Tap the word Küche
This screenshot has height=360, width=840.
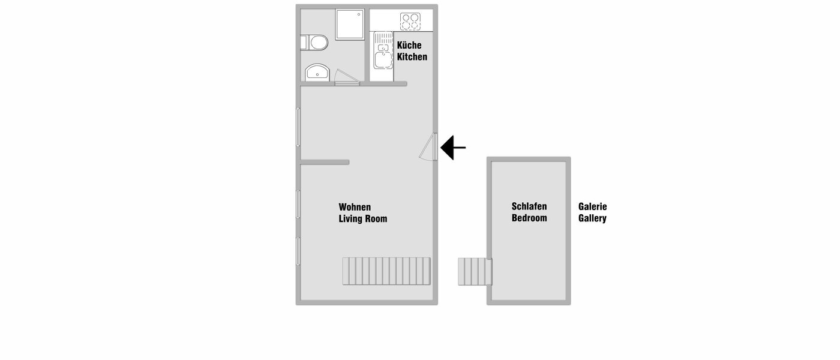click(x=409, y=46)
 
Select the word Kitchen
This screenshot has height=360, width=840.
click(x=412, y=57)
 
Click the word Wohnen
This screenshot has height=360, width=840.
click(x=355, y=207)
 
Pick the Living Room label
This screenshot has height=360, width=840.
click(x=363, y=219)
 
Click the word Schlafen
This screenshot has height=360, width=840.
click(x=529, y=206)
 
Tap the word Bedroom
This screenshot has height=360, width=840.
click(x=529, y=218)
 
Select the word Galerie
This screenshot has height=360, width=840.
click(x=592, y=206)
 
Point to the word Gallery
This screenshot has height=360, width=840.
click(x=592, y=218)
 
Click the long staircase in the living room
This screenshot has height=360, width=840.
click(x=386, y=271)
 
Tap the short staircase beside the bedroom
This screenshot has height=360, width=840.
click(x=475, y=272)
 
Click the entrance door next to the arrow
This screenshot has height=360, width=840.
click(x=430, y=147)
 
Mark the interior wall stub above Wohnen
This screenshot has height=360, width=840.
click(x=325, y=162)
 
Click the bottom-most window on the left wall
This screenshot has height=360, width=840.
click(x=298, y=251)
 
